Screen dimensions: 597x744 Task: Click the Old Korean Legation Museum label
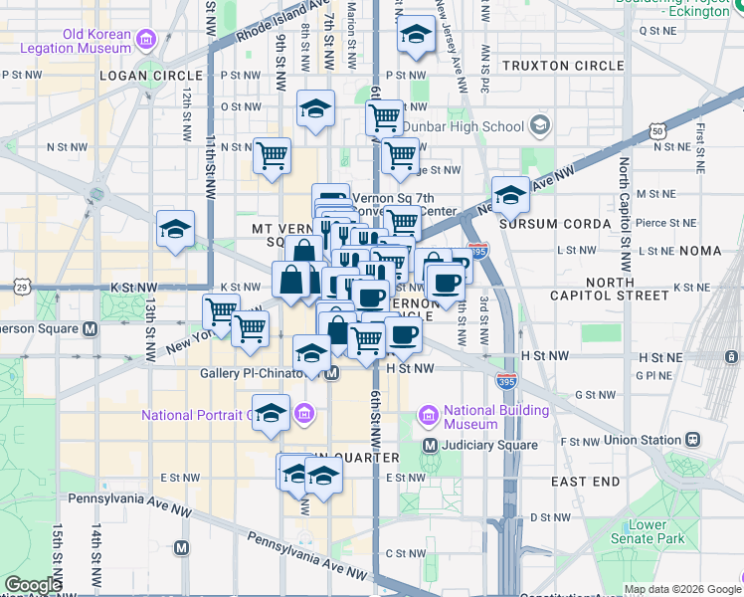point(95,41)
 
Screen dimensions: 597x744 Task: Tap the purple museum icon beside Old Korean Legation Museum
point(146,41)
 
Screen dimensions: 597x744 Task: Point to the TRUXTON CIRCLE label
point(562,66)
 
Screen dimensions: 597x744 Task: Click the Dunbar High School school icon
point(540,126)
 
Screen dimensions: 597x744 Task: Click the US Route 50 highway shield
point(657,130)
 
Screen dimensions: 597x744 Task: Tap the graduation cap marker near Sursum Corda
point(510,195)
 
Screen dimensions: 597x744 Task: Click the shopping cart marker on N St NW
point(272,156)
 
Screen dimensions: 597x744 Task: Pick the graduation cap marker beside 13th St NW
point(175,228)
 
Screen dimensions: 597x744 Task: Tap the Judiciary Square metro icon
point(431,445)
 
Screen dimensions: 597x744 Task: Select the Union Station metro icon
point(693,439)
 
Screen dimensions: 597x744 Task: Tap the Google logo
point(33,585)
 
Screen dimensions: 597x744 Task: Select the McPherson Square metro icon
point(91,328)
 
